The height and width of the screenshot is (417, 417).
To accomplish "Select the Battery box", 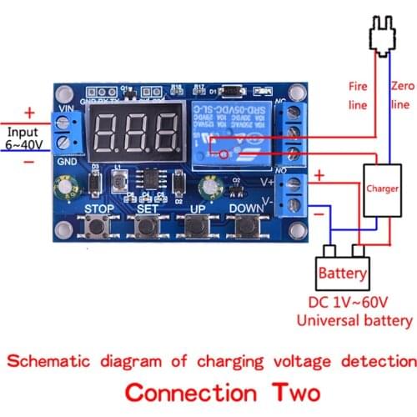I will click(x=342, y=272).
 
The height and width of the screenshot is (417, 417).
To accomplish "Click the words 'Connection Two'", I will click(x=208, y=392).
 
